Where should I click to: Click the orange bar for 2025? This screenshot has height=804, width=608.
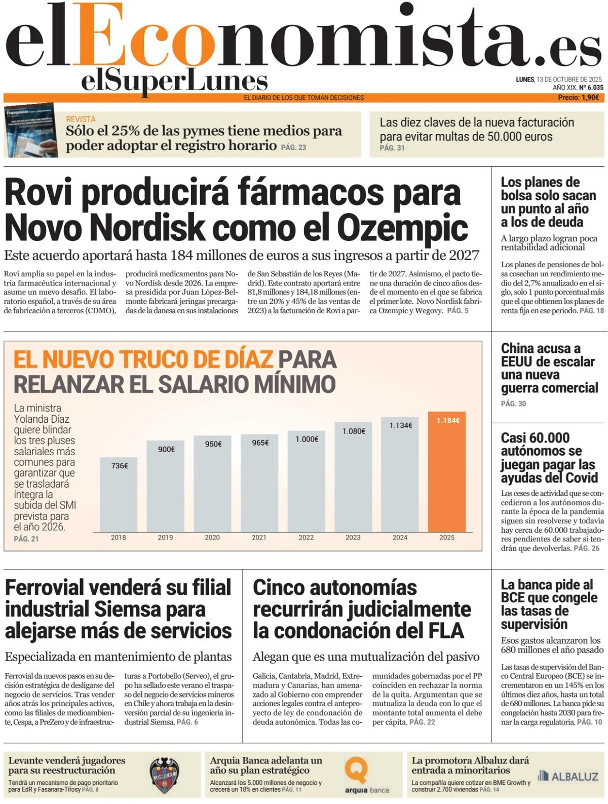[x=446, y=474]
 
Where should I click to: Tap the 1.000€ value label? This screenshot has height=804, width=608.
[x=307, y=439]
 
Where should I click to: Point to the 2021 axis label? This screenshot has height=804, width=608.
[x=259, y=537]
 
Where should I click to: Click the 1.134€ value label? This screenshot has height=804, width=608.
[x=400, y=425]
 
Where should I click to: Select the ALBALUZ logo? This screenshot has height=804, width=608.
[x=568, y=776]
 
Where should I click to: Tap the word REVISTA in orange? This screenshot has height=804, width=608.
[x=81, y=119]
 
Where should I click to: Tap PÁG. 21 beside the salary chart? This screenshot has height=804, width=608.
[x=26, y=539]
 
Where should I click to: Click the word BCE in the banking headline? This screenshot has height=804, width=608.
[x=514, y=598]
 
